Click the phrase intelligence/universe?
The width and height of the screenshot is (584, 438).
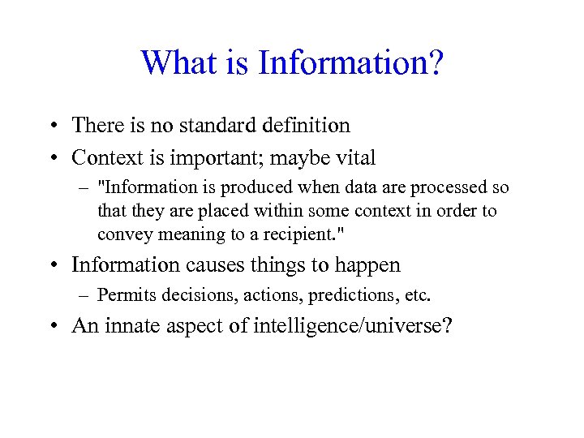click(x=353, y=326)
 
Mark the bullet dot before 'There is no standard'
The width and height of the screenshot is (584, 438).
click(x=51, y=127)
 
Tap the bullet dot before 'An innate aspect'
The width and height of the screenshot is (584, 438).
click(x=51, y=327)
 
